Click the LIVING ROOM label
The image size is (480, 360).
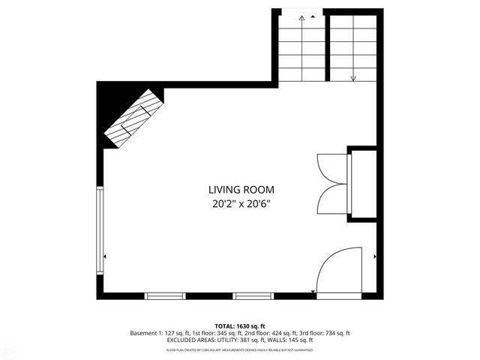pos(241,190)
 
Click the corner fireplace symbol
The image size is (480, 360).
pos(133,118)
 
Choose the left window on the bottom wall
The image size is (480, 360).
pos(164,295)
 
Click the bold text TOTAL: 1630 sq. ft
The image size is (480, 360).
pos(241,326)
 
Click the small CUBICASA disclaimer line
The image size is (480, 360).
pos(240,349)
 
